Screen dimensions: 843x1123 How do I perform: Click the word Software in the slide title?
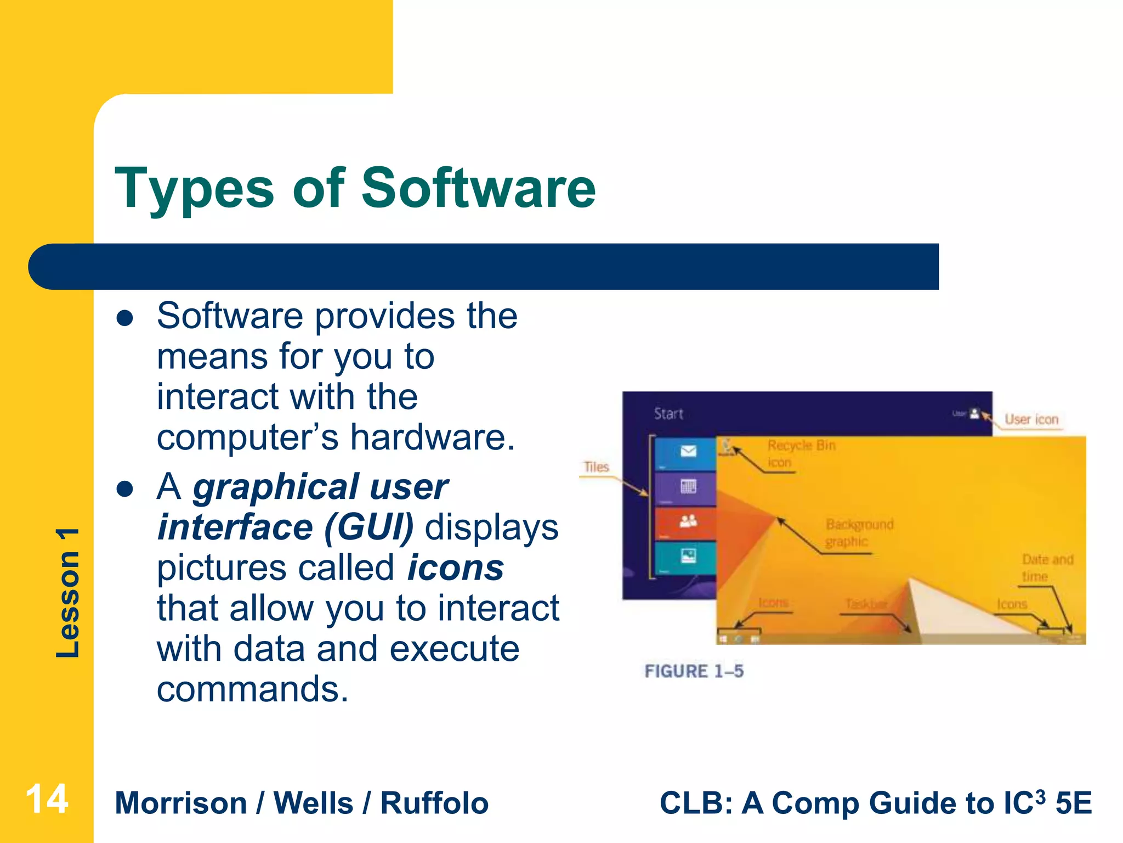(x=478, y=188)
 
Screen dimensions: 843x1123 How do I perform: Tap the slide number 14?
(x=47, y=799)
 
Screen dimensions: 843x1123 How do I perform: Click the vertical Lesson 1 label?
(x=68, y=593)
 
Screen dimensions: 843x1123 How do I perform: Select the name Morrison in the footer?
(x=181, y=803)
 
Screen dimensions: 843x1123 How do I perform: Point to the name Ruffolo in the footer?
(x=434, y=803)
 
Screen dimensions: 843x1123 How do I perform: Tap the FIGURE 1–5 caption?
(x=694, y=671)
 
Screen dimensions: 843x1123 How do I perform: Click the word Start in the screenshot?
(x=668, y=414)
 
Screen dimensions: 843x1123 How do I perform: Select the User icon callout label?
(x=1031, y=420)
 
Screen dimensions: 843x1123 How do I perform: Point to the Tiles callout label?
(x=596, y=467)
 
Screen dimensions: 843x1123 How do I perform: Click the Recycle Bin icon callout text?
(x=801, y=453)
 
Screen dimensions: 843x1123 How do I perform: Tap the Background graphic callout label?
(x=859, y=533)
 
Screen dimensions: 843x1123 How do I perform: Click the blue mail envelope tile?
(x=688, y=452)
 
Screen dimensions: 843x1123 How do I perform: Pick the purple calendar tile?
(x=688, y=487)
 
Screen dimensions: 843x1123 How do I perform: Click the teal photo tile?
(x=688, y=557)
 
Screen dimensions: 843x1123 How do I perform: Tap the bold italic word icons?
(x=456, y=567)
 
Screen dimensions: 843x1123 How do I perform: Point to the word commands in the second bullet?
(x=252, y=689)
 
